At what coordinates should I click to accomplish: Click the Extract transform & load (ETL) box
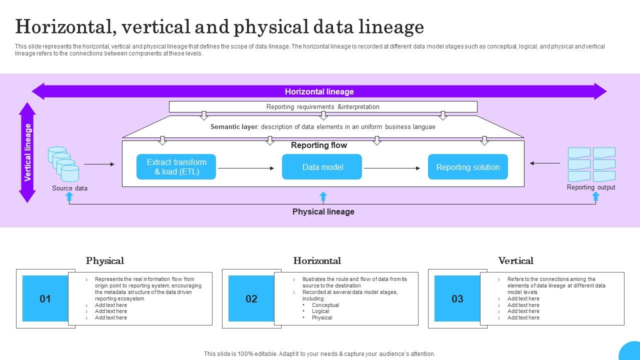[176, 167]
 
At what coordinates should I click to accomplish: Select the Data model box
[322, 167]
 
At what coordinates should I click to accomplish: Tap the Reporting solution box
[467, 167]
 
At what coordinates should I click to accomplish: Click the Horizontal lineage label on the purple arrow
[319, 91]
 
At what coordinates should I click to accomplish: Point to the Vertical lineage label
[28, 152]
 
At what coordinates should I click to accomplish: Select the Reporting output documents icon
[591, 164]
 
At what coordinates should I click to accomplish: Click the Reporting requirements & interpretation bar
[323, 107]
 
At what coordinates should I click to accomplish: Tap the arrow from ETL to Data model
[246, 168]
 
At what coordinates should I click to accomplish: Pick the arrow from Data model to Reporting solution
[392, 168]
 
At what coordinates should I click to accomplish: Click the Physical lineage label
[323, 212]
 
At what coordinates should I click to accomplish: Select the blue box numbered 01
[45, 299]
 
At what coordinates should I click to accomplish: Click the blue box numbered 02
[251, 299]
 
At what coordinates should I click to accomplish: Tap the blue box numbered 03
[457, 299]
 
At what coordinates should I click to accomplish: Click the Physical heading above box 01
[105, 261]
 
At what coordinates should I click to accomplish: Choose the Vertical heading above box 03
[515, 261]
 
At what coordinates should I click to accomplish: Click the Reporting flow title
[319, 145]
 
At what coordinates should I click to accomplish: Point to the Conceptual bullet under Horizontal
[325, 305]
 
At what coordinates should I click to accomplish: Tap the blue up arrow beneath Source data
[69, 196]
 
